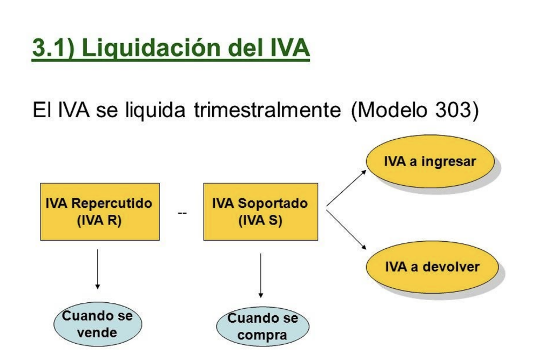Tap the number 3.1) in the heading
coord(53,48)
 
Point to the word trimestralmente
coord(267,110)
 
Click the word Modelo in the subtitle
coord(390,110)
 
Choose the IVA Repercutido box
coord(100,212)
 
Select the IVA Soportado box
coord(261,212)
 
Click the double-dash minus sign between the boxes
coord(182,213)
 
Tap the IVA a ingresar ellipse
coord(430,161)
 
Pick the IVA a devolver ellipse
coord(433,267)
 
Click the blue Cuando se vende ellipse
coord(98,324)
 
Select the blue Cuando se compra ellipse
coord(263,327)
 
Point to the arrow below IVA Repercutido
coord(98,269)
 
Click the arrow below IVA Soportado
coord(261,275)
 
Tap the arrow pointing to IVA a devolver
coord(346,230)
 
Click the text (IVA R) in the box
coord(99,221)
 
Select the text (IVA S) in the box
coord(260,221)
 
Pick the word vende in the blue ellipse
coord(97,332)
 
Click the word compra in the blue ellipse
coord(262,335)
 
